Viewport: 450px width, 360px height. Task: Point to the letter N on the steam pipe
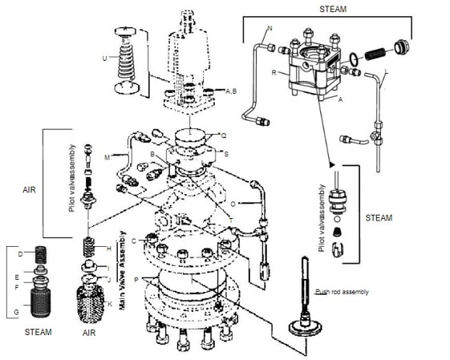tap(270, 29)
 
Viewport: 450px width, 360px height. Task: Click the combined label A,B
tap(230, 91)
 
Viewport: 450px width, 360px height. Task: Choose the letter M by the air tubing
tap(106, 158)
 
